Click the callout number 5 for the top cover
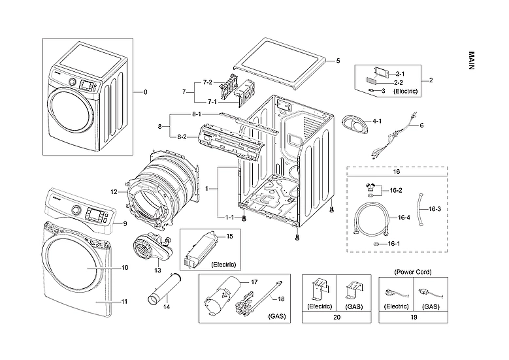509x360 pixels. click(338, 61)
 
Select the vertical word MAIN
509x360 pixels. click(471, 60)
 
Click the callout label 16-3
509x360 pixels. click(435, 208)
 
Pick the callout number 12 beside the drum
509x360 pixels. click(114, 192)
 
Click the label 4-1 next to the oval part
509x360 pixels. click(377, 121)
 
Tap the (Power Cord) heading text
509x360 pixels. click(413, 272)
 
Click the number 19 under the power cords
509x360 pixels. click(414, 317)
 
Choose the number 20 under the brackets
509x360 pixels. click(337, 317)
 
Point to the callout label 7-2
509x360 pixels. click(207, 82)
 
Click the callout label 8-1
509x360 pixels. click(197, 114)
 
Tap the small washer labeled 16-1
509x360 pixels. click(376, 244)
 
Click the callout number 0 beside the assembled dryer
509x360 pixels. click(145, 92)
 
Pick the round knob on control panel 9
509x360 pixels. click(76, 210)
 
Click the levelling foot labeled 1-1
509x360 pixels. click(243, 218)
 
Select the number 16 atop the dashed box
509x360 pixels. click(397, 171)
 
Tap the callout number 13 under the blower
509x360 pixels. click(157, 270)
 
